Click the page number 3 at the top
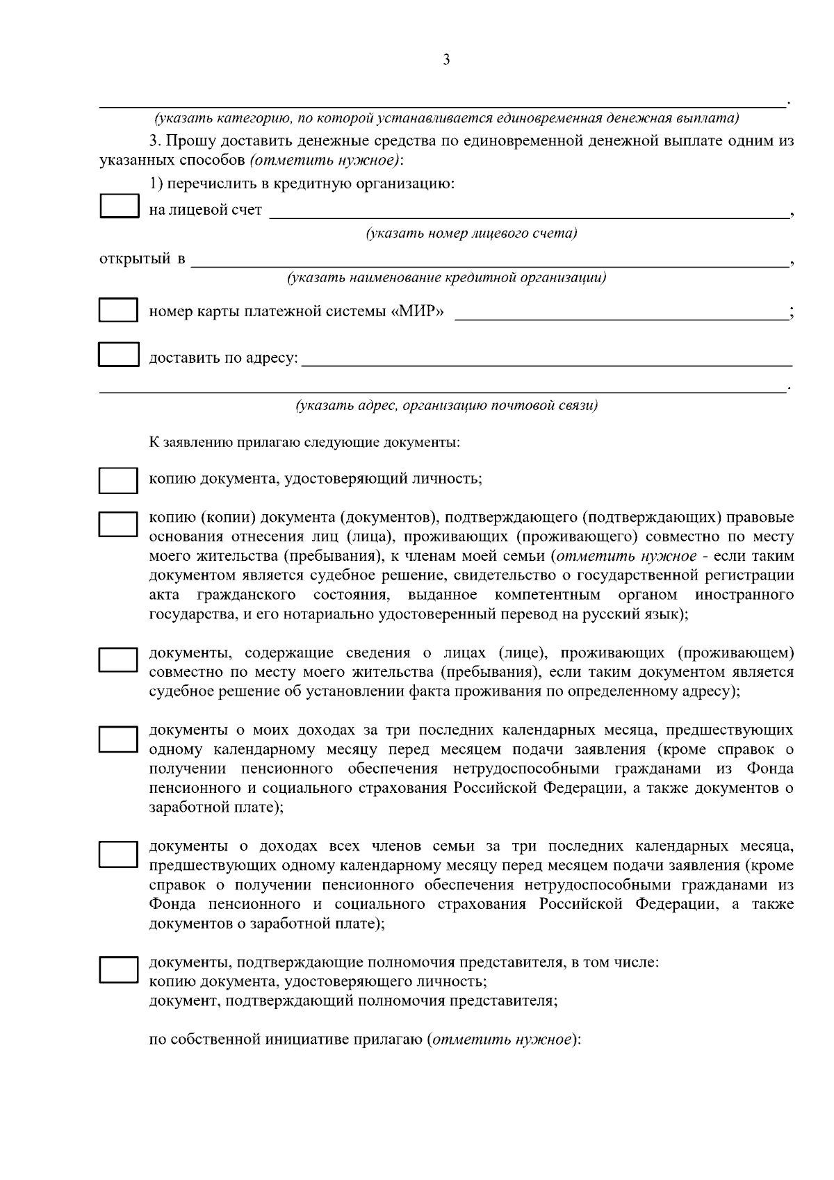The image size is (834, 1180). click(x=446, y=60)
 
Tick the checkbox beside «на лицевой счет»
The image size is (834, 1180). click(x=120, y=207)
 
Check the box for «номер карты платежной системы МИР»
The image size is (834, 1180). click(x=118, y=310)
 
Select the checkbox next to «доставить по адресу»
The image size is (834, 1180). click(x=118, y=354)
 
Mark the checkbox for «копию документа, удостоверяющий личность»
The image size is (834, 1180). click(x=118, y=480)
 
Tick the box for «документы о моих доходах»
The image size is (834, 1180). click(x=118, y=739)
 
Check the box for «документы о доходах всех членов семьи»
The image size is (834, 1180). click(x=118, y=855)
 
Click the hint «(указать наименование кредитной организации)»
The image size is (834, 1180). click(x=447, y=278)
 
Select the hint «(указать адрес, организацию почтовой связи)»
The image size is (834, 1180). click(x=447, y=405)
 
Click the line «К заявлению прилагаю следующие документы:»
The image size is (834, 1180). click(x=304, y=442)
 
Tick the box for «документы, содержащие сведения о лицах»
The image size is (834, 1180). click(x=118, y=660)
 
